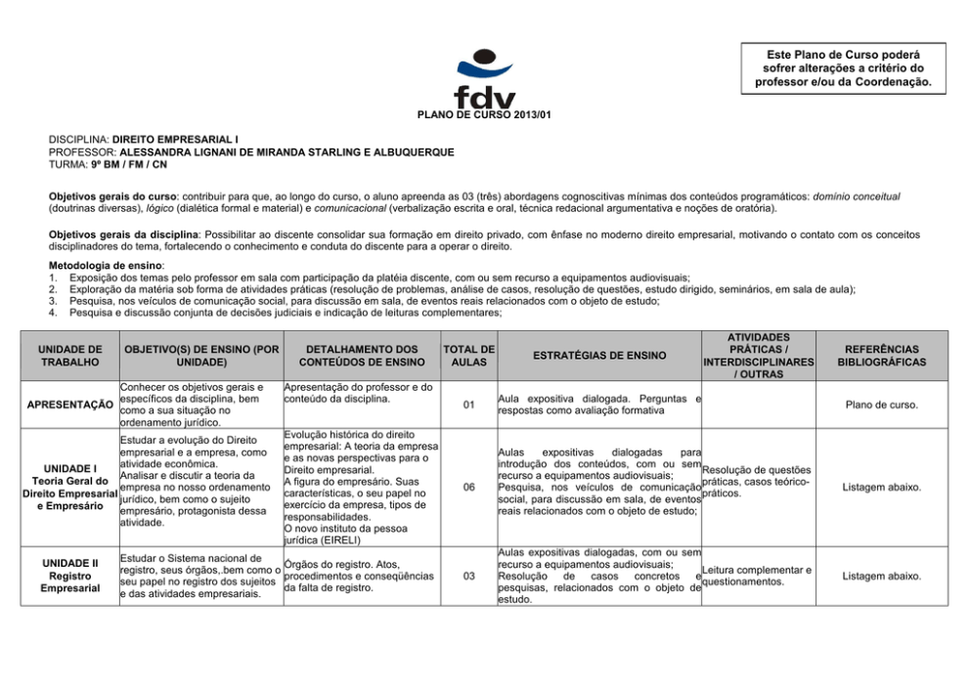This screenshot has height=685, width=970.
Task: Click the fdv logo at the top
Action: (483, 80)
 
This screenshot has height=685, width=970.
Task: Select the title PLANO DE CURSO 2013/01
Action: (484, 115)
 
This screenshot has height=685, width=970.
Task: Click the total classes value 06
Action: (468, 487)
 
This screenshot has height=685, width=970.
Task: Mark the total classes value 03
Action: (468, 576)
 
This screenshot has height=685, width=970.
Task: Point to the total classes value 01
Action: (468, 404)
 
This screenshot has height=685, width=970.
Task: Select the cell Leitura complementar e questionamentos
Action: (758, 576)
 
